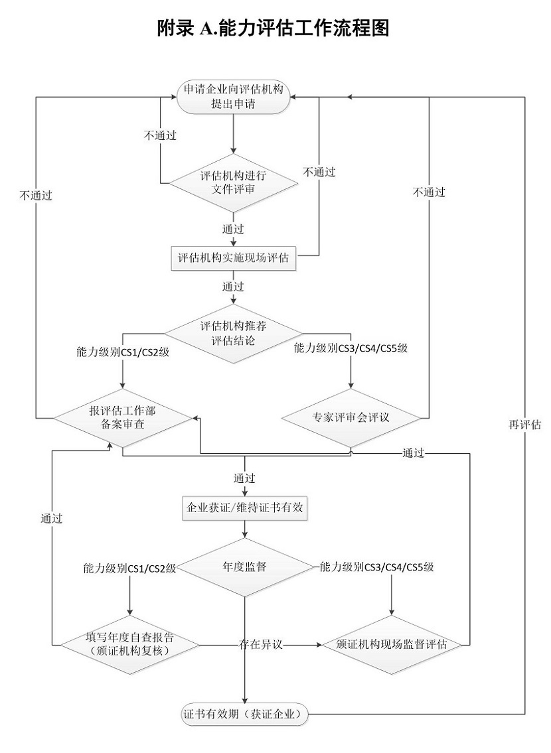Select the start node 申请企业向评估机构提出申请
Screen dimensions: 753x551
[x=234, y=98]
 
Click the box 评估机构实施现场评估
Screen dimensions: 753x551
[x=234, y=258]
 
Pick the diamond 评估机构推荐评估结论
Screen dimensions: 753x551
[x=234, y=334]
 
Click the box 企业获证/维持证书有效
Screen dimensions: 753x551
[x=246, y=509]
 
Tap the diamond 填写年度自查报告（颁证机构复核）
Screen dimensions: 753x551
[x=130, y=644]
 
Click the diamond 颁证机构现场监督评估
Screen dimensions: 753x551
[x=391, y=644]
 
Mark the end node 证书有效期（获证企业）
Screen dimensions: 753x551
[x=246, y=714]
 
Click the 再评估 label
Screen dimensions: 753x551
[x=524, y=425]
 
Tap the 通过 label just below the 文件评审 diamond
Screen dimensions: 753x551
[x=233, y=229]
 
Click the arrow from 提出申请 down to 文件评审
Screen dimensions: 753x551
[x=234, y=133]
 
